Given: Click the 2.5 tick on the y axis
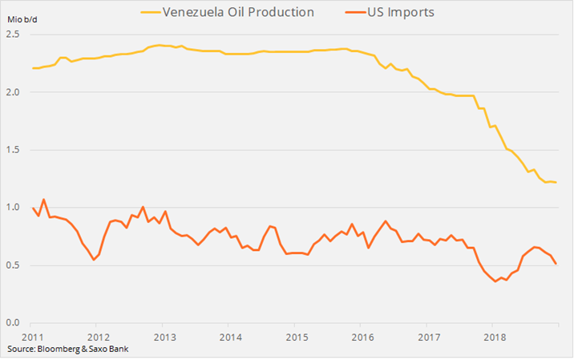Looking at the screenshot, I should click(13, 34).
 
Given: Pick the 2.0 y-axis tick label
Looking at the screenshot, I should click(13, 92).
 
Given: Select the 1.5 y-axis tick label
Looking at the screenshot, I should click(13, 150).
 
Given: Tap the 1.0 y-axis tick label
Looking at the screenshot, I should click(13, 208).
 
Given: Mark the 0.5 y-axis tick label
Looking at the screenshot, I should click(13, 265).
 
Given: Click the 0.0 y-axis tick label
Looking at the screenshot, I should click(13, 323).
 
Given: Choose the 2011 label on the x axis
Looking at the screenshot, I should click(33, 336).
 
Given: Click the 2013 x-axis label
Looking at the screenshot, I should click(164, 336).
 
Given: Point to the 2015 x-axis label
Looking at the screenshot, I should click(296, 336).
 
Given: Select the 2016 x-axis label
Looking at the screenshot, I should click(362, 336).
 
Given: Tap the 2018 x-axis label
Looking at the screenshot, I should click(494, 336).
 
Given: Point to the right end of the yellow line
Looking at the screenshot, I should click(556, 183).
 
